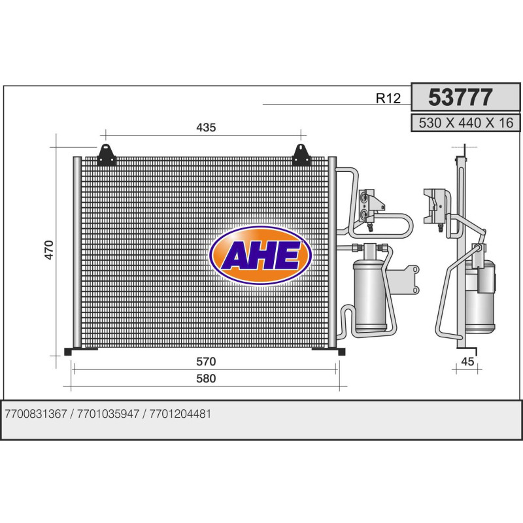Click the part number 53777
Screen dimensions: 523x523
(460, 97)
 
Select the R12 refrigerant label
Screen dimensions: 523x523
(388, 98)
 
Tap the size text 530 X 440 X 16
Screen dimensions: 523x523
(466, 123)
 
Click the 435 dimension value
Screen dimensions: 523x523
(206, 127)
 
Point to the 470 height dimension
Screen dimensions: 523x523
(49, 250)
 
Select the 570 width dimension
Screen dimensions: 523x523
(206, 362)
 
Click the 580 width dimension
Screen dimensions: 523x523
(206, 379)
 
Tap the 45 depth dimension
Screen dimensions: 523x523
(467, 362)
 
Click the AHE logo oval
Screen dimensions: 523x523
(260, 256)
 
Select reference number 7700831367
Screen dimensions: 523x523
(36, 414)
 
